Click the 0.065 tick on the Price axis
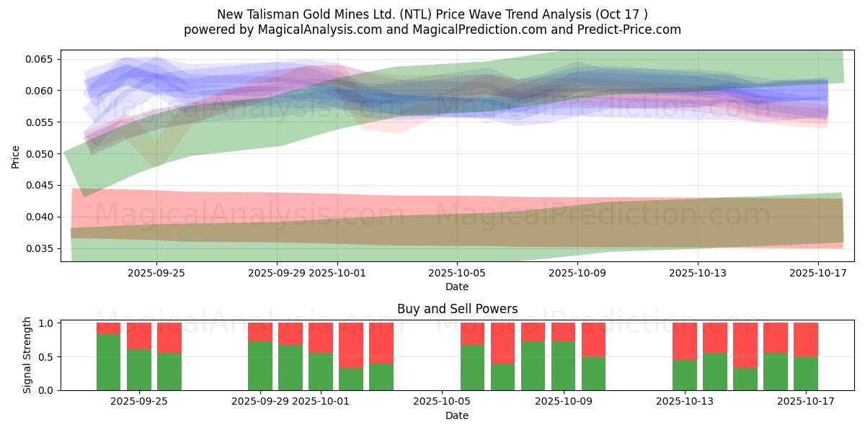(x=42, y=59)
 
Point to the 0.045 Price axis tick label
(x=42, y=185)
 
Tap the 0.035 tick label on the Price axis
(x=42, y=248)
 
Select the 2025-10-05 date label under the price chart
(x=456, y=273)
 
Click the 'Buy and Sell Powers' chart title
(x=457, y=309)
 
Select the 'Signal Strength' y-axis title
(x=27, y=355)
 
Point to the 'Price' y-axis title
(x=16, y=156)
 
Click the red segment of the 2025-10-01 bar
(x=321, y=338)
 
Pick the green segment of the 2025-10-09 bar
(x=564, y=366)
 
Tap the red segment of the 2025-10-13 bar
(x=685, y=341)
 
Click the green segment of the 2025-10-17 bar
(x=806, y=373)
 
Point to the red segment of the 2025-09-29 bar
(x=260, y=332)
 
